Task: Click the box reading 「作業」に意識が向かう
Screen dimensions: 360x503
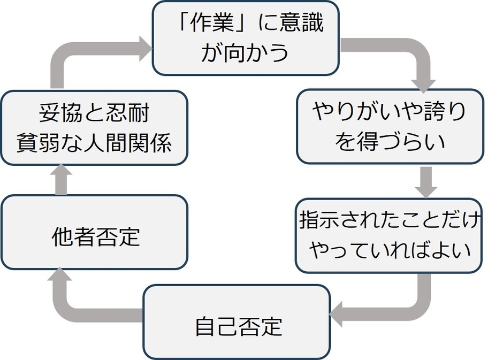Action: pyautogui.click(x=246, y=37)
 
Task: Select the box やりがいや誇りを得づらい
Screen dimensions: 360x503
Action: pyautogui.click(x=390, y=126)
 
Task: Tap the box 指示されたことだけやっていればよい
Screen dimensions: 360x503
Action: pyautogui.click(x=388, y=235)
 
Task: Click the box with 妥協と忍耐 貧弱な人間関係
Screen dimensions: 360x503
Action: pyautogui.click(x=94, y=127)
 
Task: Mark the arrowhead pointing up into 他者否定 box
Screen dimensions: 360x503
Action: pyautogui.click(x=60, y=276)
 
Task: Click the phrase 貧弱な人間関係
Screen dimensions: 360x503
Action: pyautogui.click(x=94, y=142)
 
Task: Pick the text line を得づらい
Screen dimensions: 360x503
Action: pyautogui.click(x=390, y=141)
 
